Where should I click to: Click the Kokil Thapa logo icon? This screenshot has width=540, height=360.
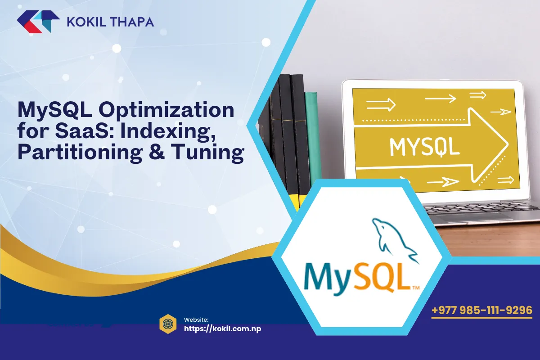coord(38,22)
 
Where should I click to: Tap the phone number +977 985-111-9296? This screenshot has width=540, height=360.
coord(481,310)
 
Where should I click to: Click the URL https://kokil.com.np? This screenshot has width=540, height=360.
coord(222,328)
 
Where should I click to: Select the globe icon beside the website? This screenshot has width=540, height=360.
coord(168,323)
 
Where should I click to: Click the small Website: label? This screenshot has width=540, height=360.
coord(196,319)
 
